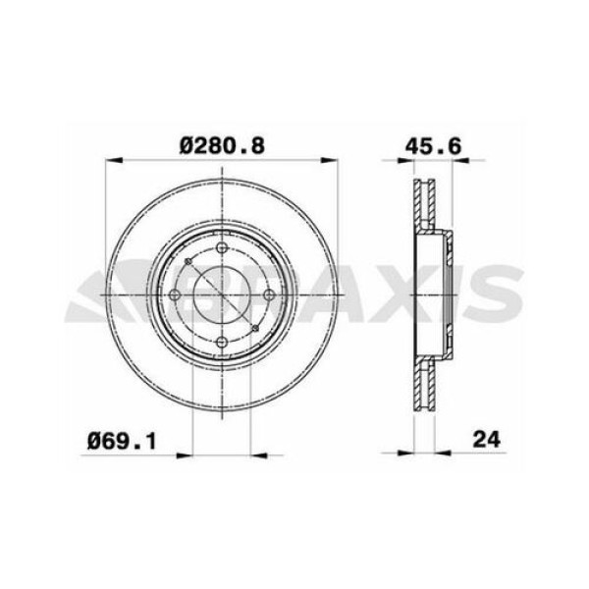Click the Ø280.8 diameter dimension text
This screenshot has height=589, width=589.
(223, 144)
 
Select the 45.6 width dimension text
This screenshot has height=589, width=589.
(430, 144)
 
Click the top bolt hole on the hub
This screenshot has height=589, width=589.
(222, 247)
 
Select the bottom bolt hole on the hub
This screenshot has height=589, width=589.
(222, 340)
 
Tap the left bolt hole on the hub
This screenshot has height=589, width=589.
(176, 294)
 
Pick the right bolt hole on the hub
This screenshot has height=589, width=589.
(268, 294)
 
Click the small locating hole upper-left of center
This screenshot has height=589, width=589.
(187, 261)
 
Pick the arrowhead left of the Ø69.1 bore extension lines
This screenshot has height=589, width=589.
(185, 453)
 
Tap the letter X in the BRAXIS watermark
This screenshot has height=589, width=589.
(397, 294)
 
